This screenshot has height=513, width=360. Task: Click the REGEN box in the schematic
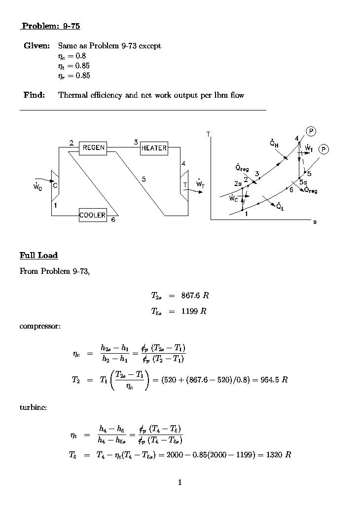point(93,147)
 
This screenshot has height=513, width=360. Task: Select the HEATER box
point(154,148)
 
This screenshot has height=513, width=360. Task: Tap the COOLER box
point(93,215)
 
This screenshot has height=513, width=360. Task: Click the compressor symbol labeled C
point(55,185)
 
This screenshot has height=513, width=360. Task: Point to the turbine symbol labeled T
point(184,185)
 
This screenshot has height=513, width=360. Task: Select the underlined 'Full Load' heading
point(38,255)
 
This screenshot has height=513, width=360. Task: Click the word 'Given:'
point(36,46)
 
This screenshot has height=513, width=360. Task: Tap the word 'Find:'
point(34,95)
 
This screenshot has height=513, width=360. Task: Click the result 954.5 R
point(274,380)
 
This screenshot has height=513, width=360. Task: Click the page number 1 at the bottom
point(180,482)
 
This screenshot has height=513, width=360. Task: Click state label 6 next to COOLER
point(113,220)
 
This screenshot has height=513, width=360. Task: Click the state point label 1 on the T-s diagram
point(246,214)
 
